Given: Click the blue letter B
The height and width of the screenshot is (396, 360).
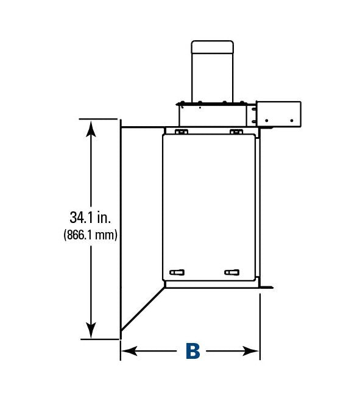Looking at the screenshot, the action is pos(192,351).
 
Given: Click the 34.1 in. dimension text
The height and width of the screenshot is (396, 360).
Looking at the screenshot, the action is pos(90,217).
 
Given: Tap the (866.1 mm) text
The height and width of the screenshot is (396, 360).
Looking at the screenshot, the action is pos(90,235).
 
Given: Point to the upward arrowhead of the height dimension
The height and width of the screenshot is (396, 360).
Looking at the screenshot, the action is pos(91,129).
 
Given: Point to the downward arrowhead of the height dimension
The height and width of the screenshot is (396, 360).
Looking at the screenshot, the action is pos(91,330).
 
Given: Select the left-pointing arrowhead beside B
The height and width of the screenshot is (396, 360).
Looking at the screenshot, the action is pos(129,351).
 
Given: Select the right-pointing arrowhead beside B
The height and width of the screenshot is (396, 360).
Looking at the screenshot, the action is pos(250,351).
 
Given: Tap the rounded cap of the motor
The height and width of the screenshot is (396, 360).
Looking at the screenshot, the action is pos(213,47).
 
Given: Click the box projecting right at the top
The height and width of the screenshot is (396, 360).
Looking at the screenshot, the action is pos(279,114).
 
